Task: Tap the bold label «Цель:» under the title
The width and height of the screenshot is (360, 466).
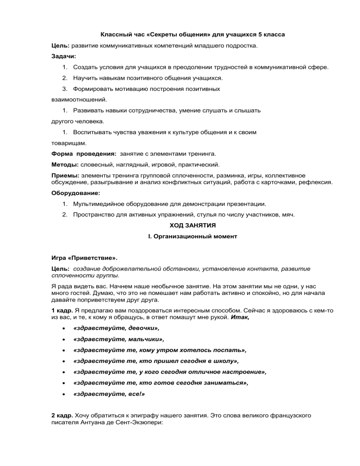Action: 60,46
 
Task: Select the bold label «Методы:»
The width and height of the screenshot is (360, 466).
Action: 65,165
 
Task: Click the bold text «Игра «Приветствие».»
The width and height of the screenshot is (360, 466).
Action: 84,258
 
